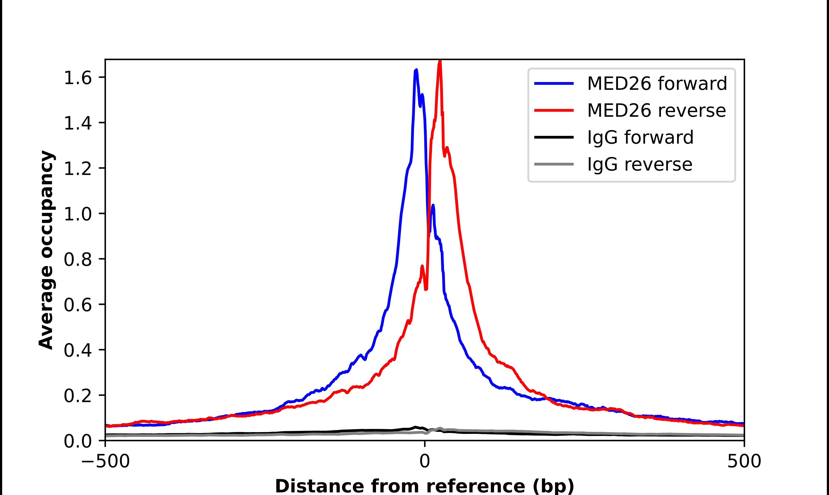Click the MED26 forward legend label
[657, 83]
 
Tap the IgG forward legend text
[640, 137]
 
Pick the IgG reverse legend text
[640, 165]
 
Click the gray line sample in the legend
[554, 164]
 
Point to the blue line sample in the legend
[554, 83]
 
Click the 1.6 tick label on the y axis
[77, 79]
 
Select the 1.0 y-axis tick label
[77, 214]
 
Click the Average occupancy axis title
[46, 250]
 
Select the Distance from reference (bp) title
[424, 486]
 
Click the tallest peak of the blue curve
[416, 70]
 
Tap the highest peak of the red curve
[440, 62]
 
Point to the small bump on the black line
[415, 427]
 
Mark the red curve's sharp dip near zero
[426, 289]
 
